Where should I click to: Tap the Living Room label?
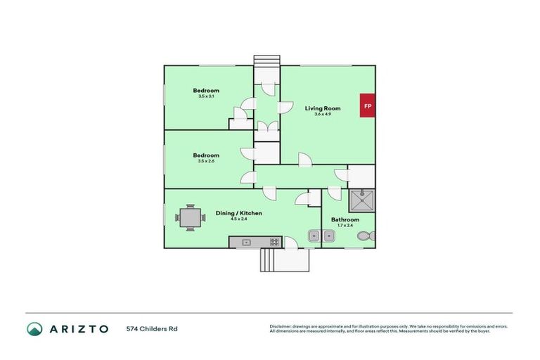pos(323,108)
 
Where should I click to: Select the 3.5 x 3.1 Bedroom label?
pos(206,91)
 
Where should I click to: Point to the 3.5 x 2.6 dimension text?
pos(206,161)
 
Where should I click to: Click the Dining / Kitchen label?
pos(239,212)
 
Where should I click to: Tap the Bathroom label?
pos(345,219)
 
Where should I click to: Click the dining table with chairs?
pos(190,217)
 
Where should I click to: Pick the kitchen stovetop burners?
pos(273,242)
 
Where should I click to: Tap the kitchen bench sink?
pos(246,242)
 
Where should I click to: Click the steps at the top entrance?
pos(266,59)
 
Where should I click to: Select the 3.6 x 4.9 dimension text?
pos(323,114)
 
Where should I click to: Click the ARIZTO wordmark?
pos(78,328)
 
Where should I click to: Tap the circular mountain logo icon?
pos(34,328)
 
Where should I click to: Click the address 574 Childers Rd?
pos(152,328)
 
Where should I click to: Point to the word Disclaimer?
pos(282,326)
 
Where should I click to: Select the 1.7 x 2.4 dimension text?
pos(345,225)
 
